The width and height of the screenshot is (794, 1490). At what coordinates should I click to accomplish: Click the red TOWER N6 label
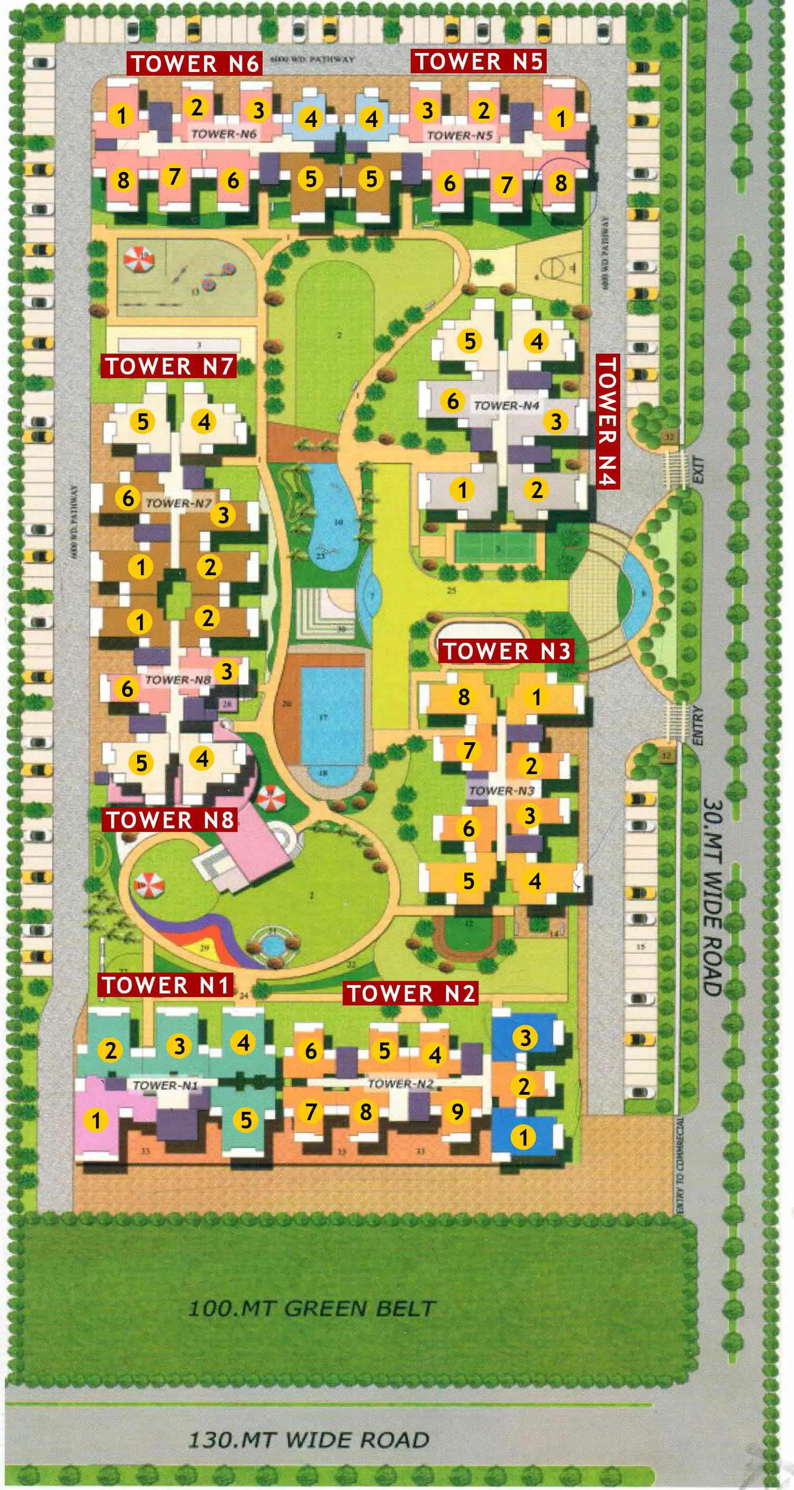tap(194, 63)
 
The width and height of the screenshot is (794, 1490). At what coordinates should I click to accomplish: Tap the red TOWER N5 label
tap(479, 61)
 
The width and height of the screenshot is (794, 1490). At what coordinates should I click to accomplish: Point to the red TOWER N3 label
tap(507, 651)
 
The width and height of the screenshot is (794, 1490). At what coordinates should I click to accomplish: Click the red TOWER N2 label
tap(410, 993)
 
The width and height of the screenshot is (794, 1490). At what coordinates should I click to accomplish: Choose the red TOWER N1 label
tap(166, 985)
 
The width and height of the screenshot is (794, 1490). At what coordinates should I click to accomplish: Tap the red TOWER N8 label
tap(169, 820)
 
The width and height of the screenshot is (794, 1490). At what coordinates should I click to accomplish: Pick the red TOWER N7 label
tap(168, 366)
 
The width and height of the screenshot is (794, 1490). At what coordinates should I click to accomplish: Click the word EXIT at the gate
tap(699, 470)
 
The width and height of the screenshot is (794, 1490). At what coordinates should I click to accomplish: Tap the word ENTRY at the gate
tap(698, 725)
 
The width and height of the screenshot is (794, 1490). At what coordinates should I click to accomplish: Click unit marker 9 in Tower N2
tap(457, 1111)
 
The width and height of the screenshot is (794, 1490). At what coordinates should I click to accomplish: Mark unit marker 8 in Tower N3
tap(464, 697)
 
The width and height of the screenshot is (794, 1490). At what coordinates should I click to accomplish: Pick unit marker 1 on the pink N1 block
tap(96, 1120)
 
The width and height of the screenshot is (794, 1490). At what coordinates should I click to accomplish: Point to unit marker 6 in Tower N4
tap(453, 400)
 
